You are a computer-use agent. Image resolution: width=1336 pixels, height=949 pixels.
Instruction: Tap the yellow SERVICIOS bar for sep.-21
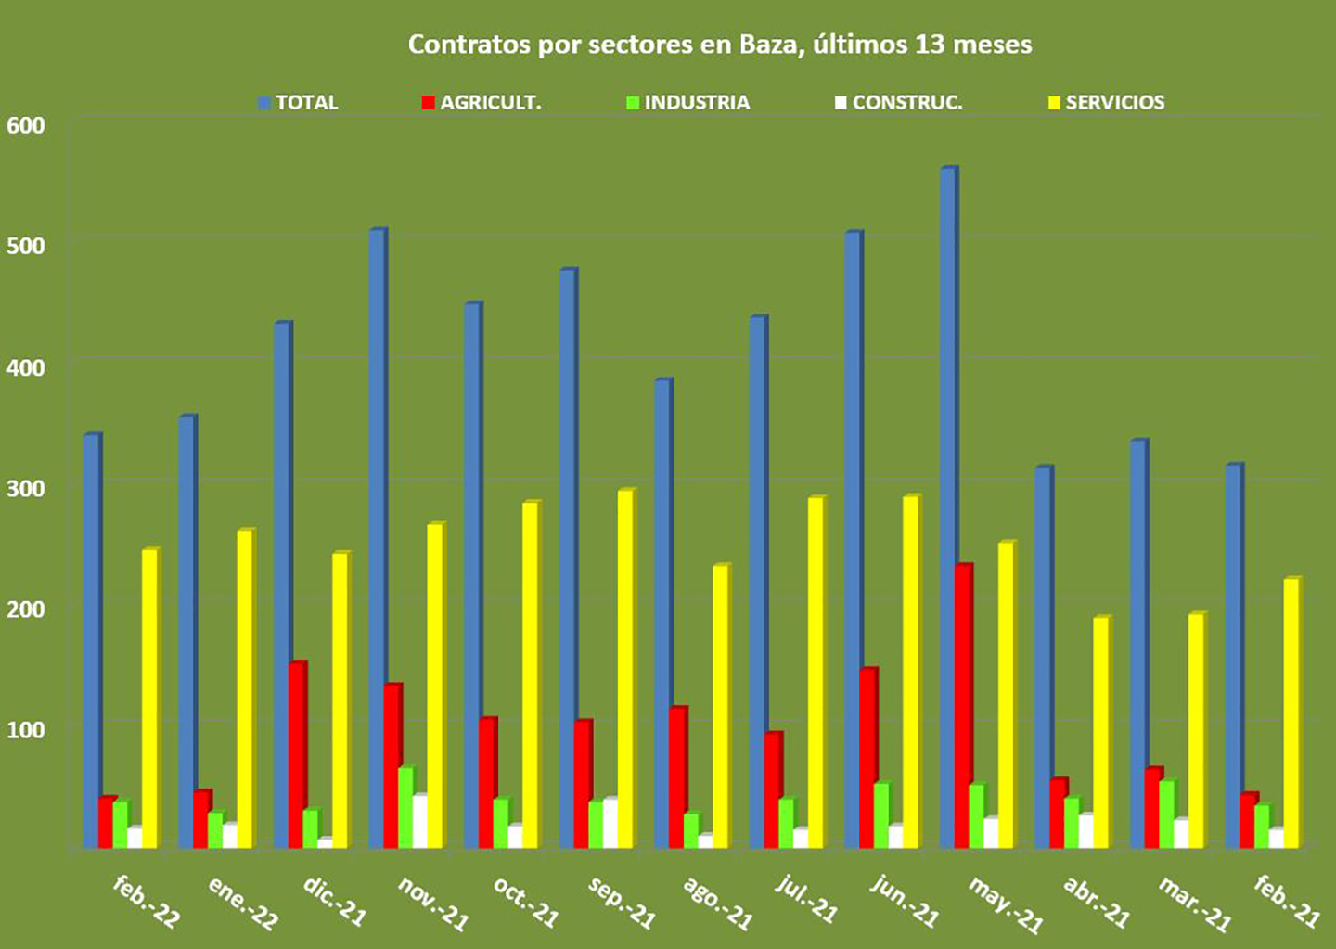[625, 669]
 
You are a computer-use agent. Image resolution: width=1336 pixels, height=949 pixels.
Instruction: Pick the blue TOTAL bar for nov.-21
[377, 539]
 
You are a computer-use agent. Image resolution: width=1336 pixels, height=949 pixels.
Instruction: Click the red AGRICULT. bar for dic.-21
[297, 755]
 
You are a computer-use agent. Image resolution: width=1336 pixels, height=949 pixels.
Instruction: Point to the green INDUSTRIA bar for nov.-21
[405, 807]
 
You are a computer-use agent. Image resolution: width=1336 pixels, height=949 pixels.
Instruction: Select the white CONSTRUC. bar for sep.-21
[610, 823]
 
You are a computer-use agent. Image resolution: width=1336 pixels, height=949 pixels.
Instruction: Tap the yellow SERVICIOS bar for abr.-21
[1100, 732]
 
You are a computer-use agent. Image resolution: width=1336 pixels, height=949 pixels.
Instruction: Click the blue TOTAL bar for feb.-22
[91, 641]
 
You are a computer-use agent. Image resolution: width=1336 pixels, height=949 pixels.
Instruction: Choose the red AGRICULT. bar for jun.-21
[867, 758]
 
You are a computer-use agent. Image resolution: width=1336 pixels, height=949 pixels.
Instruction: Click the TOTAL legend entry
[298, 103]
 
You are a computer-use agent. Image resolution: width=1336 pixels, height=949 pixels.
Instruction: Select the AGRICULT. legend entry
[482, 103]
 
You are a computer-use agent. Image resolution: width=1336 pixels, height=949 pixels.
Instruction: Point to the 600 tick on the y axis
[26, 125]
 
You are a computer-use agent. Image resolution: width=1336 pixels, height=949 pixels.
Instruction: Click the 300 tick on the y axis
[26, 488]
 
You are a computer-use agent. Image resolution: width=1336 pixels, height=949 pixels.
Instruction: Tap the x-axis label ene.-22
[242, 903]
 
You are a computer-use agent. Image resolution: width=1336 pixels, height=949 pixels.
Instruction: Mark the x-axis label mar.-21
[1194, 904]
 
